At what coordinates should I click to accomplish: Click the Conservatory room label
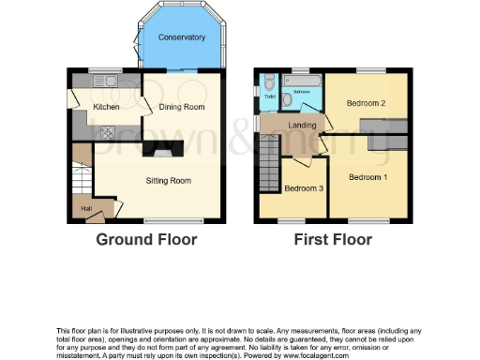coord(182,37)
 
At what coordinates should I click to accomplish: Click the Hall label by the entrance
coord(85,208)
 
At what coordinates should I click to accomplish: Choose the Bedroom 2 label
coord(364,102)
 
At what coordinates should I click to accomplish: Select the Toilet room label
coord(270,97)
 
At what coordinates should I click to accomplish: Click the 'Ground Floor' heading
coord(146,240)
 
